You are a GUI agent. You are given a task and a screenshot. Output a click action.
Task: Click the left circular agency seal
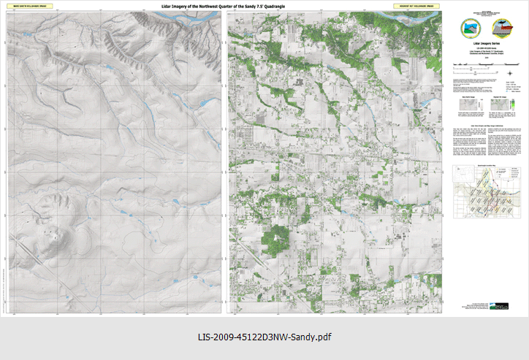(x=468, y=29)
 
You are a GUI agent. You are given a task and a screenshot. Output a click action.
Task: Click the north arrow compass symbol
(x=509, y=72)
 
